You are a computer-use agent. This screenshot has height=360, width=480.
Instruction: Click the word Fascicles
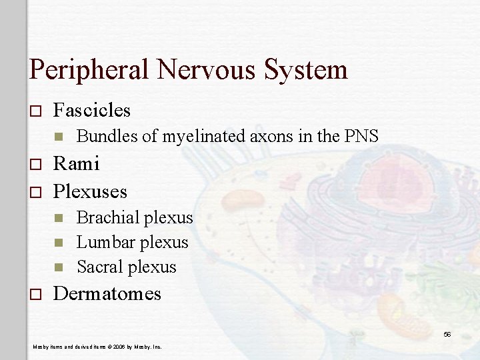92,110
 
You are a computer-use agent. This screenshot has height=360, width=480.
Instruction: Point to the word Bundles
106,137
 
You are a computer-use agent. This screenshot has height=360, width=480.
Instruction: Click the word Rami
76,163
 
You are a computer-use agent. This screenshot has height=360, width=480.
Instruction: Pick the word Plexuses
90,192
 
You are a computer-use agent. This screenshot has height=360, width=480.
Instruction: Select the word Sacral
101,267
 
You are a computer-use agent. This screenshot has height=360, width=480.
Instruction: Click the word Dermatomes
107,294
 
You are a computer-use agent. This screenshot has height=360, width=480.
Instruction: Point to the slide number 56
447,334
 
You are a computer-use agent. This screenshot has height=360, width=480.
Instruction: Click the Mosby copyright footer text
97,347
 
